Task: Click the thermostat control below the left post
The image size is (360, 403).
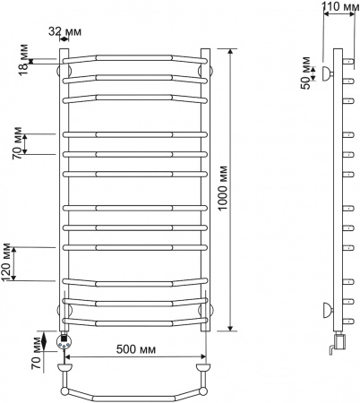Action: pyautogui.click(x=64, y=341)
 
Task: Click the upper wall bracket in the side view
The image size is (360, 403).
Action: pyautogui.click(x=328, y=72)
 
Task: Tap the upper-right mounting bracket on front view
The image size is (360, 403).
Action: pyautogui.click(x=206, y=69)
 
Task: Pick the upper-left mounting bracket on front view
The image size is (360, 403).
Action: pyautogui.click(x=63, y=69)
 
